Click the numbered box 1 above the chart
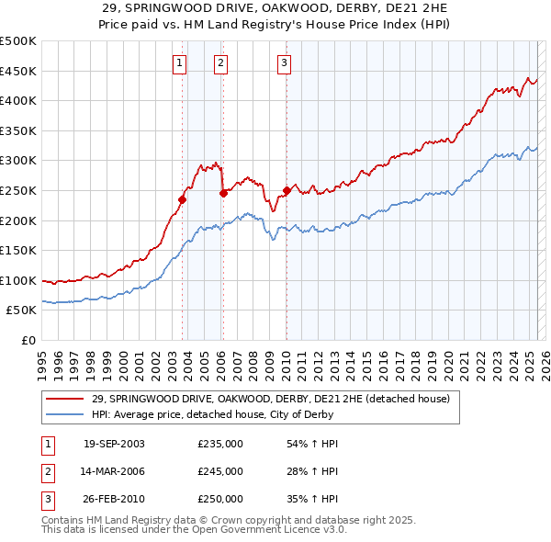178,63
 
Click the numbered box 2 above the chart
221,63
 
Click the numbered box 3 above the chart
284,63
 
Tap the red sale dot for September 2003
183,199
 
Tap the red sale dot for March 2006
223,193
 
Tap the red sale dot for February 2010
287,190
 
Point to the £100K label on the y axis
18,281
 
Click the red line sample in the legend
65,399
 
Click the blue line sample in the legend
65,414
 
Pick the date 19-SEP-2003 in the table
114,444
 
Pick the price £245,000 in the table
220,471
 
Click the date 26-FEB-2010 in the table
114,499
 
